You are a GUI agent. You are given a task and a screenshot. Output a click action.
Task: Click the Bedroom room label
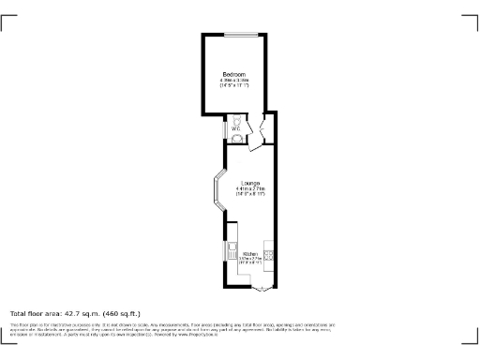click(234, 74)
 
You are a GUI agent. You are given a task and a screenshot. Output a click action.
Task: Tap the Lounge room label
click(250, 182)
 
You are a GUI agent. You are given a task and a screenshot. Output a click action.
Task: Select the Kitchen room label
click(250, 254)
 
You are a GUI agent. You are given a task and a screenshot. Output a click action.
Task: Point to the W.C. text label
click(236, 127)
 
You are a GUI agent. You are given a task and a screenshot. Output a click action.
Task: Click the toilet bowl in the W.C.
click(236, 120)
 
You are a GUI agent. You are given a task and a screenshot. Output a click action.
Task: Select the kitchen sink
click(230, 250)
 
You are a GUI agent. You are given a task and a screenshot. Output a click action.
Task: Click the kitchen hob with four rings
click(269, 251)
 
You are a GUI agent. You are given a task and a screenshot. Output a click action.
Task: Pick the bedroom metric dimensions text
click(234, 80)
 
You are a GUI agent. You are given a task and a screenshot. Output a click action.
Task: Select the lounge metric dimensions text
click(250, 188)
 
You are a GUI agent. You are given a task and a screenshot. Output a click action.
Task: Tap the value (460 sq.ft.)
click(118, 312)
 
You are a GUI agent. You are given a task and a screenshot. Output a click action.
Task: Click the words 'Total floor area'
click(35, 312)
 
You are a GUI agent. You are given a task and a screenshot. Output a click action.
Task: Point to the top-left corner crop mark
click(7, 22)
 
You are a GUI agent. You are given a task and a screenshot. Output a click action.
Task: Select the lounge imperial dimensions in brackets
click(250, 193)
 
